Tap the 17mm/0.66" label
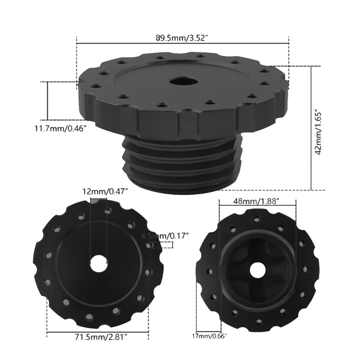point(209,336)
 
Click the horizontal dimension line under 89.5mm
point(183,44)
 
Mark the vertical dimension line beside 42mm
point(311,128)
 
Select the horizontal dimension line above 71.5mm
point(98,333)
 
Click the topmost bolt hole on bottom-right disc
point(257,219)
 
